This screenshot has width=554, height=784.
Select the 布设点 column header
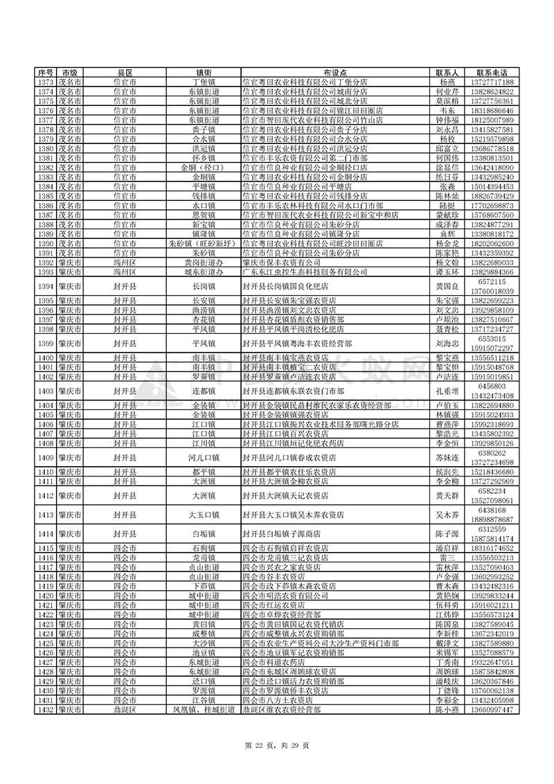pyautogui.click(x=334, y=73)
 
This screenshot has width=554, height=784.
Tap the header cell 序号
pyautogui.click(x=45, y=73)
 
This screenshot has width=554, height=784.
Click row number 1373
pyautogui.click(x=45, y=82)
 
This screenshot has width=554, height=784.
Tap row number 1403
pyautogui.click(x=45, y=391)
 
